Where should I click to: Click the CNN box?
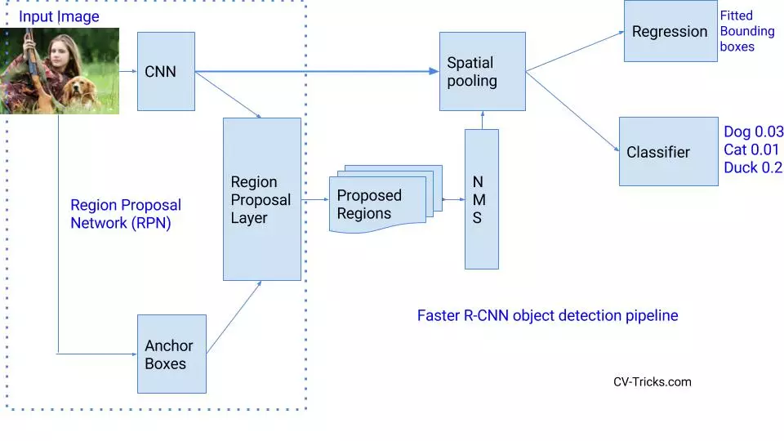click(x=166, y=72)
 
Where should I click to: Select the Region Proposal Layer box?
click(x=262, y=199)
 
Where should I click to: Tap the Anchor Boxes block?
click(x=171, y=354)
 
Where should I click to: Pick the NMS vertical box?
click(x=481, y=198)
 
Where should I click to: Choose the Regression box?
click(x=670, y=32)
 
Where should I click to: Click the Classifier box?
click(x=668, y=152)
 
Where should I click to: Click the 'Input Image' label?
click(x=59, y=16)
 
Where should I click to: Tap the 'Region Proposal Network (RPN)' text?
click(x=125, y=214)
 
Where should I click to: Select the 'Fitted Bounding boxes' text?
click(x=746, y=31)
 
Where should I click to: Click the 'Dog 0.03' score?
click(x=753, y=131)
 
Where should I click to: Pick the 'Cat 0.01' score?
click(x=751, y=149)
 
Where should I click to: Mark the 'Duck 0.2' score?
click(x=752, y=167)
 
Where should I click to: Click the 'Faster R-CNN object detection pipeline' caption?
click(x=547, y=315)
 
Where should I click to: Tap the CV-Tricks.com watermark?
click(x=652, y=381)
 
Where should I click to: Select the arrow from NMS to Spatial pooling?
click(x=481, y=120)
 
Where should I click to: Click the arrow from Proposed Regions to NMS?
click(x=452, y=198)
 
